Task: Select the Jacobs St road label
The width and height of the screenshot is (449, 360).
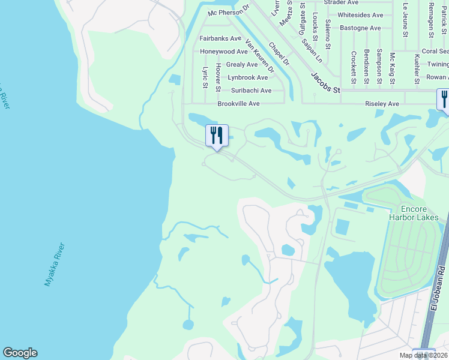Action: [325, 83]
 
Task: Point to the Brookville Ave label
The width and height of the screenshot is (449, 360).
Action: [238, 104]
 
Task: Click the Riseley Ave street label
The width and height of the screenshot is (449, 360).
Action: [382, 104]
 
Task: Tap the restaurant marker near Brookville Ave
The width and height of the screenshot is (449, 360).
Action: [217, 136]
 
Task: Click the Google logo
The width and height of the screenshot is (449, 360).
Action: [20, 353]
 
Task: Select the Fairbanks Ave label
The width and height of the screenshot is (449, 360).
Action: [220, 38]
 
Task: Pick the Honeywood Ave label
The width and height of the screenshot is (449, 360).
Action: [223, 52]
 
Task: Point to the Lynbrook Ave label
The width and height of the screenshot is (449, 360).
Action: [248, 77]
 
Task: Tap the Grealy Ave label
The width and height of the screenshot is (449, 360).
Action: [242, 65]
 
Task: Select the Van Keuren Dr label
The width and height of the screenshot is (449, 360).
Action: [260, 56]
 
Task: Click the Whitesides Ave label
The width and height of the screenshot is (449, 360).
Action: [360, 15]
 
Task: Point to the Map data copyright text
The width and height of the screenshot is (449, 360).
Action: [423, 355]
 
